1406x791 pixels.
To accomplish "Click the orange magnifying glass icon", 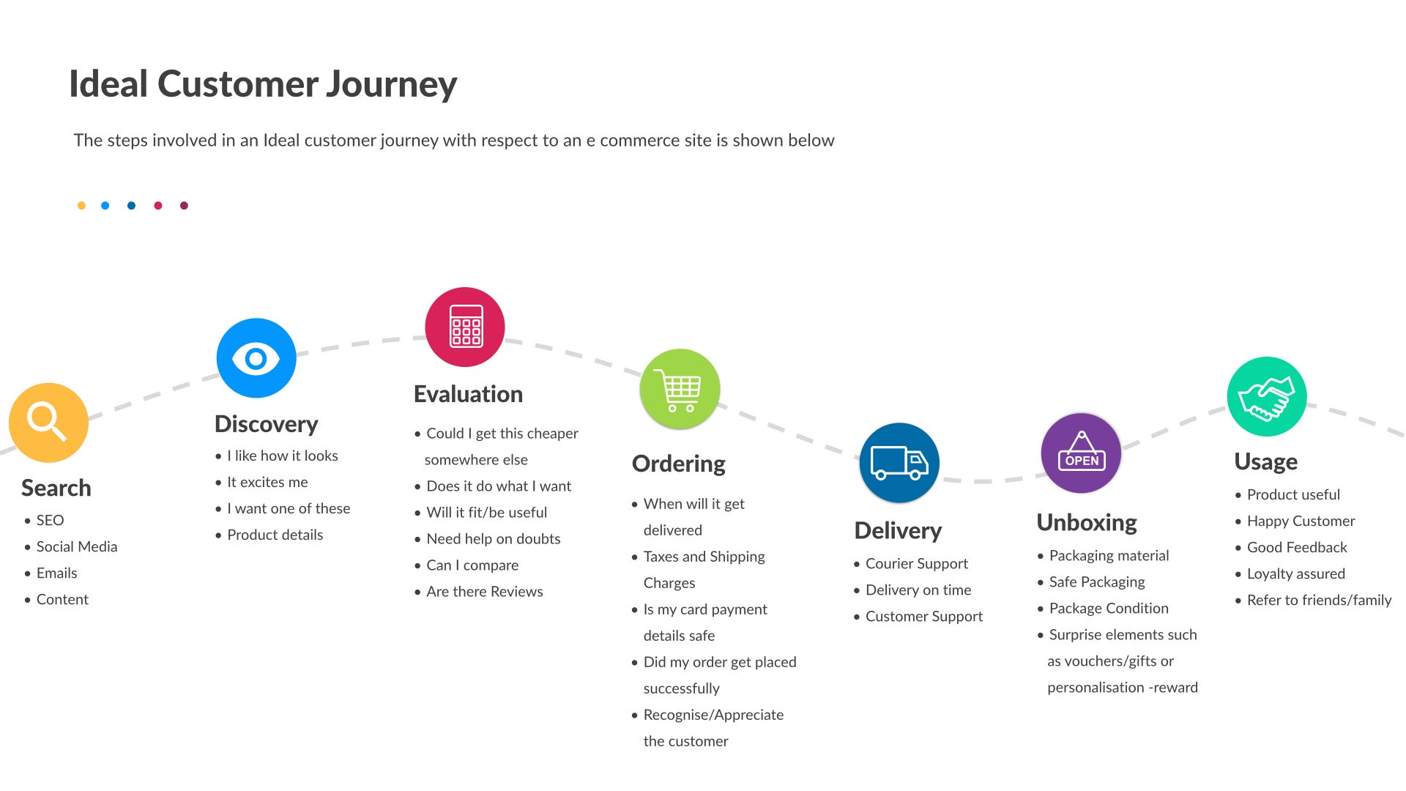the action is tap(48, 423).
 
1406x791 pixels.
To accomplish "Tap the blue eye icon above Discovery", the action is tap(256, 358).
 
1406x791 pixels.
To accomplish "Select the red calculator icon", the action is tap(465, 327).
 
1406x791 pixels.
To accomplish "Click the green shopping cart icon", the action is tap(680, 389).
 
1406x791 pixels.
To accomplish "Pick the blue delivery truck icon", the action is tap(899, 463).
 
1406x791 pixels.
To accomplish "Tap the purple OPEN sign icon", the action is tap(1081, 453).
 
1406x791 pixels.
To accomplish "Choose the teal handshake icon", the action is tap(1267, 397).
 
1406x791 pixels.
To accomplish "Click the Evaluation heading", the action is tap(468, 394).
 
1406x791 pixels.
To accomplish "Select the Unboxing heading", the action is tap(1087, 522).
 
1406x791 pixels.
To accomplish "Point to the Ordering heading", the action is tap(678, 464).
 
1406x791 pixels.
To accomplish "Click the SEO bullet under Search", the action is tap(50, 520).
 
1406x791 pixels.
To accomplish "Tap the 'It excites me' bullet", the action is tap(267, 482).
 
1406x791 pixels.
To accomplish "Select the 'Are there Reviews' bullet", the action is tap(485, 592).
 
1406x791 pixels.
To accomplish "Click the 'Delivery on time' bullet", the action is tap(918, 590).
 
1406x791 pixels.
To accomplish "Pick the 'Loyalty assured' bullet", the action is tap(1295, 573).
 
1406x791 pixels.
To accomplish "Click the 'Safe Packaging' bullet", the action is tap(1096, 582).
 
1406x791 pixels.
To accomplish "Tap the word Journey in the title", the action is tap(391, 84).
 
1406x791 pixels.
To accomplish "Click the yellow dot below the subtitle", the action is tap(81, 206).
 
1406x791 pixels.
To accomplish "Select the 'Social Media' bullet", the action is tap(77, 546).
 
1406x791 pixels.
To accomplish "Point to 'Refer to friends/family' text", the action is tap(1319, 601).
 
